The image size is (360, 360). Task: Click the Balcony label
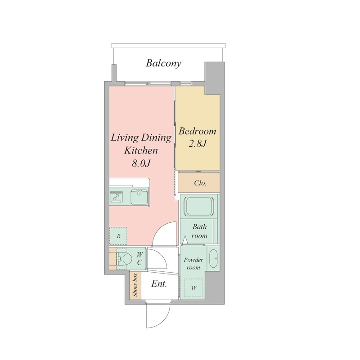click(163, 63)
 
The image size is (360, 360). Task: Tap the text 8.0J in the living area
click(141, 163)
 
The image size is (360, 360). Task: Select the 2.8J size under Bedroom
click(198, 144)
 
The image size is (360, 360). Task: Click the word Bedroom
click(198, 131)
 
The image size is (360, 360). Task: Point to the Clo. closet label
click(200, 183)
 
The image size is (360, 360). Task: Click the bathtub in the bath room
click(199, 206)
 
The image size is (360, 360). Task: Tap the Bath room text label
click(199, 231)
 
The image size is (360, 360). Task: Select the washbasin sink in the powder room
click(215, 258)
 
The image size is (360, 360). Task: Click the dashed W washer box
click(193, 288)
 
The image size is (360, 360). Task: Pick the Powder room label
click(193, 264)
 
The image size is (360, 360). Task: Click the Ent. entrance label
click(159, 284)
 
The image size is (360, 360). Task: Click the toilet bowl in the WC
click(124, 259)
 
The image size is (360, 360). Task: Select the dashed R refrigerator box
click(118, 236)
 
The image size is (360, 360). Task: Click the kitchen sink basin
click(139, 197)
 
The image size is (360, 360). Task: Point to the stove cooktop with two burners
click(116, 197)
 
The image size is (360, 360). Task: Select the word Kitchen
click(141, 151)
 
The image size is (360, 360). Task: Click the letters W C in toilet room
click(140, 258)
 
